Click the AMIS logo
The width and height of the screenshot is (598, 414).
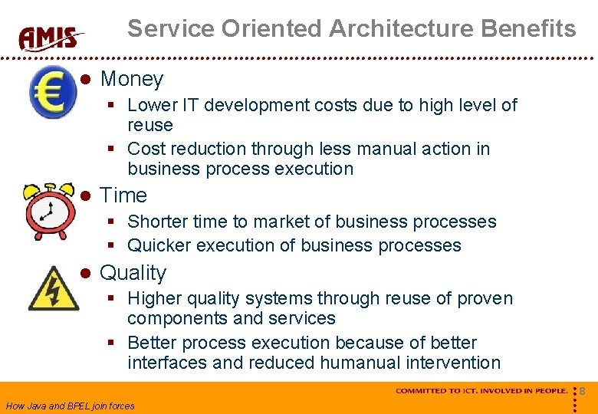click(51, 38)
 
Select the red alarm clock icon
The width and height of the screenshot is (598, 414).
click(49, 209)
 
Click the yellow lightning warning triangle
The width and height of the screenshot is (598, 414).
click(53, 288)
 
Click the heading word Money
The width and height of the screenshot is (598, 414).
click(132, 79)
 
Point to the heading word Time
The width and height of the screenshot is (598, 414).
click(123, 195)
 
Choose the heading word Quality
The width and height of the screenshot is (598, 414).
click(133, 273)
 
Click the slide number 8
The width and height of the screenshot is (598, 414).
click(582, 391)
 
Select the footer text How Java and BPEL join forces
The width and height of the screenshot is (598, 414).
click(70, 406)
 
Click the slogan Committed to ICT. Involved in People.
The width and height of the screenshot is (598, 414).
click(481, 391)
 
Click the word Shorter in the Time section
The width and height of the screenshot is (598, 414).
click(156, 222)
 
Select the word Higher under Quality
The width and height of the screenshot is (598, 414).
click(152, 298)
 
